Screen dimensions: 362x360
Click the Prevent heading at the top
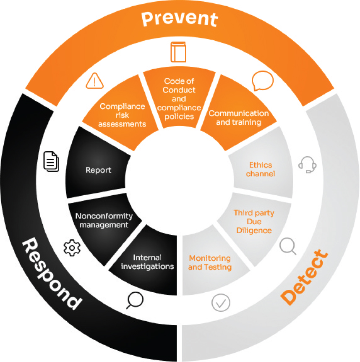pyautogui.click(x=179, y=19)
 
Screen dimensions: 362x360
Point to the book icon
pyautogui.click(x=178, y=52)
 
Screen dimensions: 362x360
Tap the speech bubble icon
pyautogui.click(x=263, y=80)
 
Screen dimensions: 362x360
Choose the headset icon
pyautogui.click(x=307, y=165)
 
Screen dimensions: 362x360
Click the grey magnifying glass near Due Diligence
pyautogui.click(x=288, y=246)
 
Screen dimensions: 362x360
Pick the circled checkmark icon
pyautogui.click(x=221, y=302)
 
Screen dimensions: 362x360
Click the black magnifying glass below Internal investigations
pyautogui.click(x=135, y=299)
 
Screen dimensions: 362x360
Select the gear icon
pyautogui.click(x=72, y=248)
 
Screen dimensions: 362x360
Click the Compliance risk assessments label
pyautogui.click(x=123, y=115)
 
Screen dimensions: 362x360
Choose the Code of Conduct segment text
pyautogui.click(x=179, y=99)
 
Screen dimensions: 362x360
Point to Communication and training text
pyautogui.click(x=239, y=118)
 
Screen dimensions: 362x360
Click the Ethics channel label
pyautogui.click(x=260, y=169)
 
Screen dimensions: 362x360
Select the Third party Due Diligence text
pyautogui.click(x=254, y=222)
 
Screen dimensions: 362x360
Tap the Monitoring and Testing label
pyautogui.click(x=210, y=262)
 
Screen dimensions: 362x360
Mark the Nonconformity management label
pyautogui.click(x=104, y=220)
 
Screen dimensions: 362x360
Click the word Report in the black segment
pyautogui.click(x=98, y=170)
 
